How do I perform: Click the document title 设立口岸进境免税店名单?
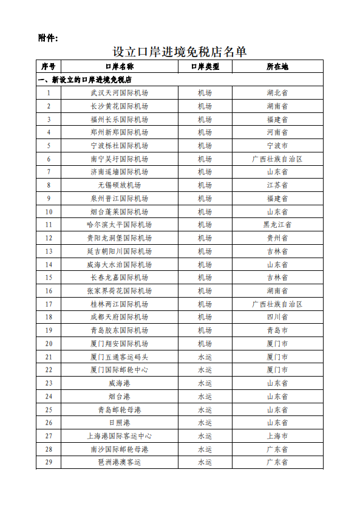point(180,52)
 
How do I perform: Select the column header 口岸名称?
point(119,66)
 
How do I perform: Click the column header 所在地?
point(277,66)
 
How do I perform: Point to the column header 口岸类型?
point(205,66)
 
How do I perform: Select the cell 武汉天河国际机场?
point(119,93)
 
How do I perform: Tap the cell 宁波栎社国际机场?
point(119,146)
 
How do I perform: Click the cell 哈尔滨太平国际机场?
point(119,225)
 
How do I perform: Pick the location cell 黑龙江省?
point(277,225)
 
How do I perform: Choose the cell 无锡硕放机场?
point(119,185)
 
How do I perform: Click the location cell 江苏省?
point(277,185)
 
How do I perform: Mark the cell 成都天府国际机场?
point(119,317)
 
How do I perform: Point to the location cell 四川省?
point(277,317)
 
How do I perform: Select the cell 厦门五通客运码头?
point(119,357)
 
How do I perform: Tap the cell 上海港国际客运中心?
point(119,436)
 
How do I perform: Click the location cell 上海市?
point(277,436)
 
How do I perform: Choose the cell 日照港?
point(119,423)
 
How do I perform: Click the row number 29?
point(49,462)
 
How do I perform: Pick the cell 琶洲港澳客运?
point(119,462)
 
